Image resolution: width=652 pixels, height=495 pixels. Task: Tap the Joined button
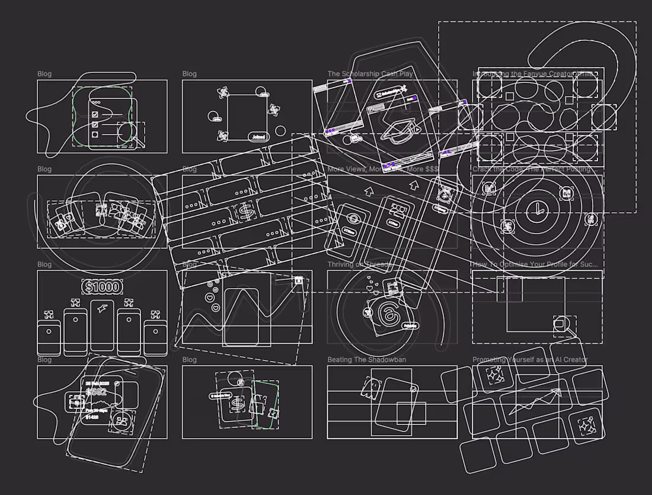pyautogui.click(x=258, y=137)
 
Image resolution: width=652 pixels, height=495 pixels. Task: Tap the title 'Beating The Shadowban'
pyautogui.click(x=367, y=360)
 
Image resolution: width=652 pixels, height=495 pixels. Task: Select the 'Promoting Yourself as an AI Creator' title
pyautogui.click(x=529, y=360)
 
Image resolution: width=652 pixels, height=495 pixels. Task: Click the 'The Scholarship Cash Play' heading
pyautogui.click(x=370, y=74)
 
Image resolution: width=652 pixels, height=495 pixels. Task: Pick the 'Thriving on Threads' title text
pyautogui.click(x=359, y=264)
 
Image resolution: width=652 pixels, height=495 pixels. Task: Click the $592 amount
pyautogui.click(x=96, y=392)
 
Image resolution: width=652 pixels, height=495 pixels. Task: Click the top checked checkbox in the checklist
pyautogui.click(x=95, y=114)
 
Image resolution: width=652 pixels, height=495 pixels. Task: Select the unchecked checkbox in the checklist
pyautogui.click(x=95, y=135)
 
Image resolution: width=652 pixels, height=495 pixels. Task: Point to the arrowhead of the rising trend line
pyautogui.click(x=558, y=391)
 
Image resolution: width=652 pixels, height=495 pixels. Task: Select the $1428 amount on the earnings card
pyautogui.click(x=92, y=417)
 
